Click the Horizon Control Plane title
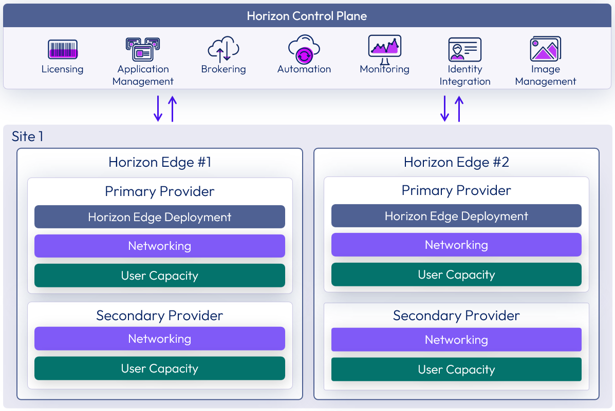tap(307, 15)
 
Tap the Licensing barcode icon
tap(63, 50)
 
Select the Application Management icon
tap(143, 50)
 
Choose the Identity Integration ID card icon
tap(464, 50)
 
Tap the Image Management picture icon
tap(545, 49)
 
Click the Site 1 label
tap(28, 136)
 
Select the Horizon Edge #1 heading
tap(160, 163)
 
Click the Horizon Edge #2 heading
tap(456, 163)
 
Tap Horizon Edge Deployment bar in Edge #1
tap(160, 217)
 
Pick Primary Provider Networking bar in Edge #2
tap(456, 245)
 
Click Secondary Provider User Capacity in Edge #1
tap(160, 368)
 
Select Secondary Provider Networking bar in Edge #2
tap(456, 340)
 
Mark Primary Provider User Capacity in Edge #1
tap(160, 276)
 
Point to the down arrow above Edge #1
tap(158, 108)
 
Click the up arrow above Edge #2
tap(459, 108)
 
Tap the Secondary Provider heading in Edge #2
tap(456, 316)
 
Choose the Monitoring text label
tap(384, 69)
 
